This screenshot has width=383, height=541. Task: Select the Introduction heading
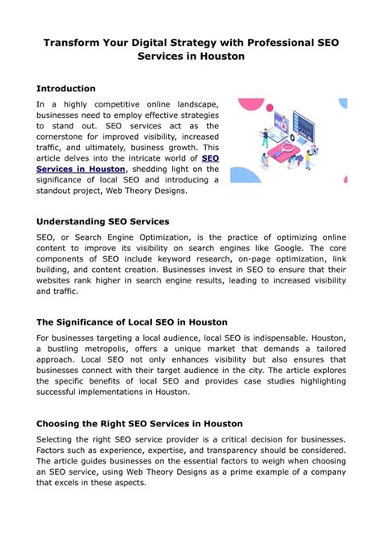tap(66, 88)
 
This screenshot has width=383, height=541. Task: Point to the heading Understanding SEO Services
tap(103, 220)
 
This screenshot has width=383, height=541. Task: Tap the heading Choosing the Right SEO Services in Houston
tap(140, 423)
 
